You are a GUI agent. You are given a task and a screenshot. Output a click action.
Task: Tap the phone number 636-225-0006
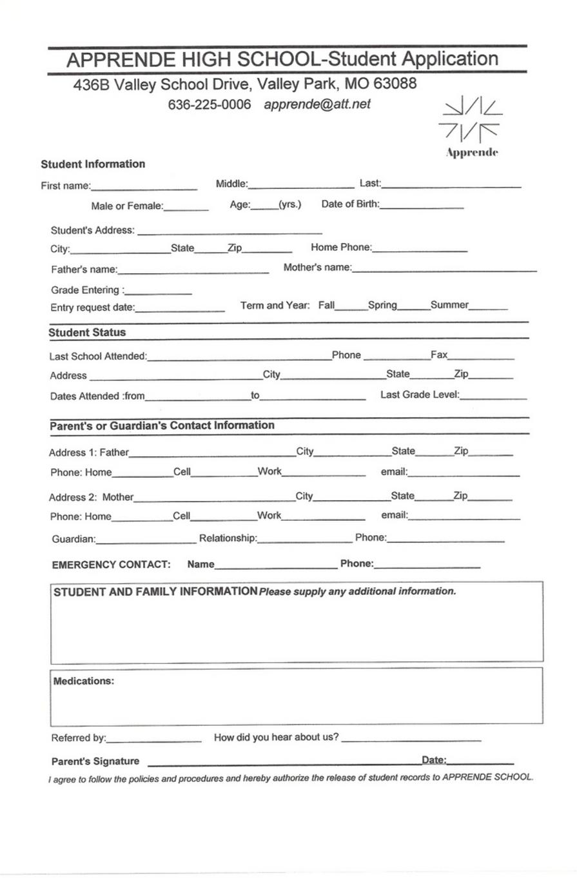(x=210, y=104)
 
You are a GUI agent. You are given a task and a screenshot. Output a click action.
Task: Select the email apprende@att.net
(x=317, y=104)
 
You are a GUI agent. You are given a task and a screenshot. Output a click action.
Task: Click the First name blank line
(x=144, y=188)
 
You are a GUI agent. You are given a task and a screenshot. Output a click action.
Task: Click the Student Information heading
(x=93, y=164)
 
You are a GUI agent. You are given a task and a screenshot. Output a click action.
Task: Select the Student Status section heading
(x=88, y=333)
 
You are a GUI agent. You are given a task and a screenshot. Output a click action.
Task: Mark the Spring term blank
(x=414, y=308)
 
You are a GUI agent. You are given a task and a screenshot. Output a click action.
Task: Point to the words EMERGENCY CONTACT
(x=111, y=565)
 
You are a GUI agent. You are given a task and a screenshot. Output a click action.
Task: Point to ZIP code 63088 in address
(x=395, y=84)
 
